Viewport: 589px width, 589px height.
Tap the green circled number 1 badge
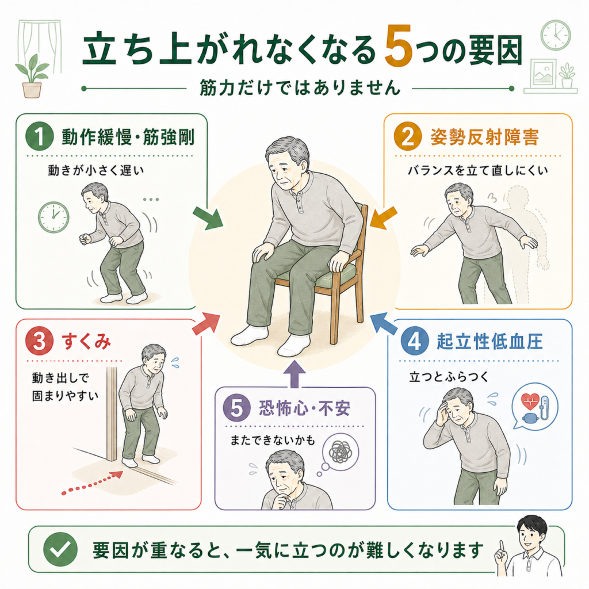[40, 136]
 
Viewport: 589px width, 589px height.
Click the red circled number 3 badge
[40, 342]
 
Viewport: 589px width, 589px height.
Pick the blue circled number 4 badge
[414, 341]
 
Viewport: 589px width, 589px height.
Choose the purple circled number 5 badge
[236, 408]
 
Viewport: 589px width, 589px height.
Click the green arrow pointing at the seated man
[208, 218]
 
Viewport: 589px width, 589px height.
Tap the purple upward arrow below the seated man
[294, 373]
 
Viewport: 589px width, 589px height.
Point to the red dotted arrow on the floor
[93, 483]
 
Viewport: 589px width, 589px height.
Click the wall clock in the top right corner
[556, 35]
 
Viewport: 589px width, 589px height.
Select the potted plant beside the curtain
[32, 77]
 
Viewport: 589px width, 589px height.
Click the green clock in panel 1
[53, 217]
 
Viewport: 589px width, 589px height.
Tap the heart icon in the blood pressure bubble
[530, 401]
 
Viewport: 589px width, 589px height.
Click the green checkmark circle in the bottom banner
[60, 549]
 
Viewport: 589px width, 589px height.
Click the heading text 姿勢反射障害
[484, 137]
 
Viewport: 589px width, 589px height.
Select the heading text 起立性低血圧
[489, 342]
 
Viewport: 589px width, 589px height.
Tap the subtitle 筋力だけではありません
[300, 88]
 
